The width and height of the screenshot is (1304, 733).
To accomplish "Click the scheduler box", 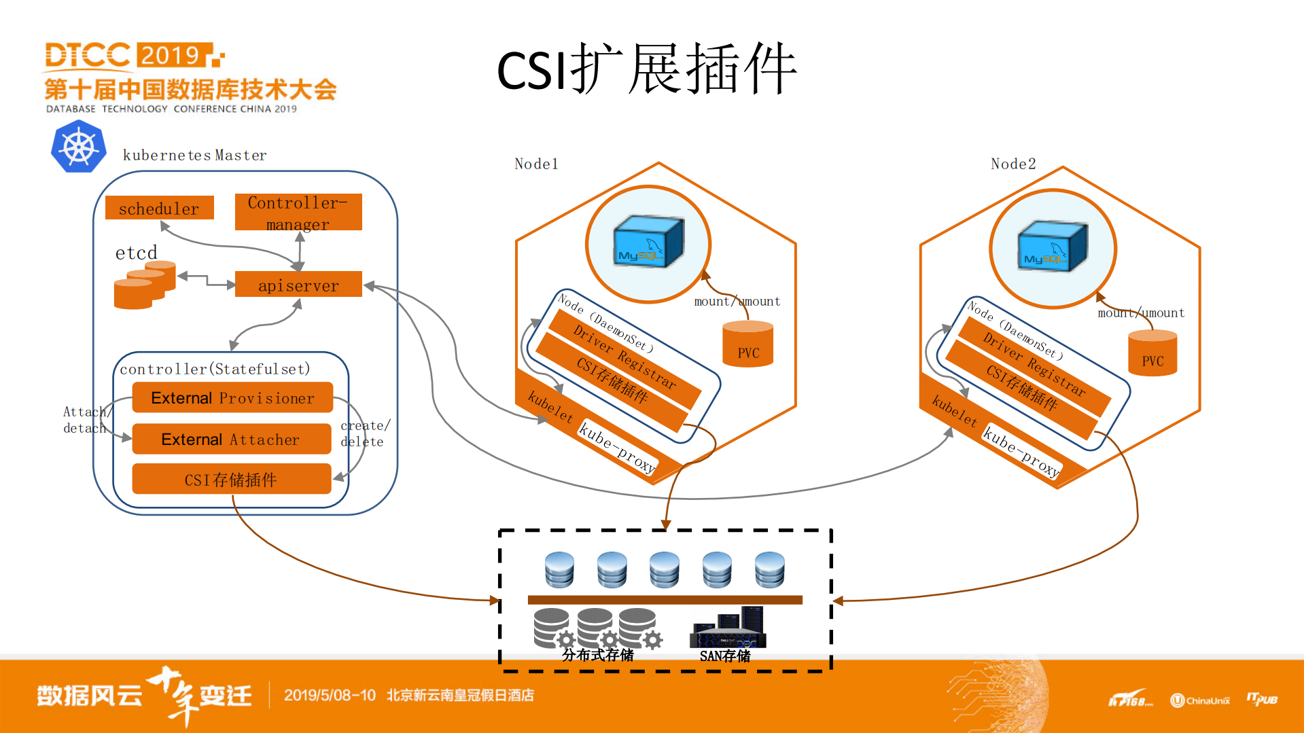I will coord(159,208).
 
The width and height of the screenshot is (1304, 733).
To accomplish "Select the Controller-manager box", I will coord(298,212).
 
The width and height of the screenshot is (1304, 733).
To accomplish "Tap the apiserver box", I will coord(298,285).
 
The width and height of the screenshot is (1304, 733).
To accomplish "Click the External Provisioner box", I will coord(232,397).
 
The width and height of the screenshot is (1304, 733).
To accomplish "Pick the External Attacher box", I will coord(230,439).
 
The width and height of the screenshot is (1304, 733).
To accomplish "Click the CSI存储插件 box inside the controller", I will coord(231,479).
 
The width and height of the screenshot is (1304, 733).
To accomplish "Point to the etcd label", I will coord(136,253).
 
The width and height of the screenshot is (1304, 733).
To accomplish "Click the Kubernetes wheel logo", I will coord(79,147).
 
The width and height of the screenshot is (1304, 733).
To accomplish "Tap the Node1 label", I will coord(535,164).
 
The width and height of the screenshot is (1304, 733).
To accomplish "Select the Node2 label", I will coord(1012,164).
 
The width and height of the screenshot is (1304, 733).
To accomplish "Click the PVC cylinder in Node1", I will coord(747,344).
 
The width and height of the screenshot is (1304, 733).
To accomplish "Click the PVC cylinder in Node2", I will coord(1152,353).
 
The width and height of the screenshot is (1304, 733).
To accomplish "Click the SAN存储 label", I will coord(724,656).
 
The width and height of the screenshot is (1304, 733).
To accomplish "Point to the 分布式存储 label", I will coord(597,655).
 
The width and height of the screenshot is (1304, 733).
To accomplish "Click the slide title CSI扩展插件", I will coord(646,69).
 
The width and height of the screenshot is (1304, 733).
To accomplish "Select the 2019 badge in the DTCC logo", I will coord(171,55).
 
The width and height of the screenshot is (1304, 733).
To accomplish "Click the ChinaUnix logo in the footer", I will coord(1200,700).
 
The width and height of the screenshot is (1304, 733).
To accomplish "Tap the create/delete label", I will coord(365,433).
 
